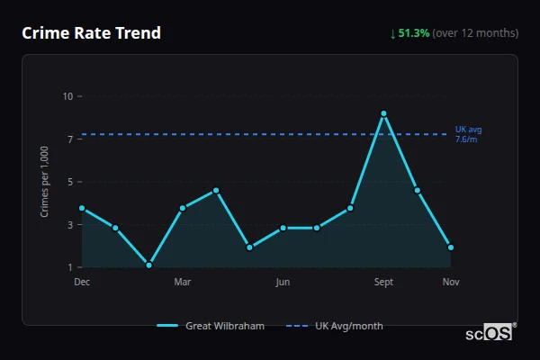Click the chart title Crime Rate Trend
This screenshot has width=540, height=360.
[91, 33]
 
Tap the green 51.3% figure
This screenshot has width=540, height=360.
[413, 33]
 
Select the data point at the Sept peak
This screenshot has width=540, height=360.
[383, 113]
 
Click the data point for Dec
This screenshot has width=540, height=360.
[82, 208]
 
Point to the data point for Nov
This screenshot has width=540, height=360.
[451, 247]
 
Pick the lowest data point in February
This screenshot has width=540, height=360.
[148, 265]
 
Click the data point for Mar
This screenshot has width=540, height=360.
[183, 208]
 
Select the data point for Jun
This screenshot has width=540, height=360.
[283, 228]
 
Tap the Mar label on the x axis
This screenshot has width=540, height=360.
[183, 282]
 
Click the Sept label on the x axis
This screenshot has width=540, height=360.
[383, 282]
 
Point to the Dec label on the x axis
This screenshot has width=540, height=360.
[82, 282]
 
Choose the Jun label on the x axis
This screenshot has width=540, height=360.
[283, 282]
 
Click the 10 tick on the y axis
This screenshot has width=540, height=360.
[67, 96]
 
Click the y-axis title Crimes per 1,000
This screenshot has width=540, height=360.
[45, 182]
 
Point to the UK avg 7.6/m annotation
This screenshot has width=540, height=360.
[469, 134]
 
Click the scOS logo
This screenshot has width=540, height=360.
[490, 333]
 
